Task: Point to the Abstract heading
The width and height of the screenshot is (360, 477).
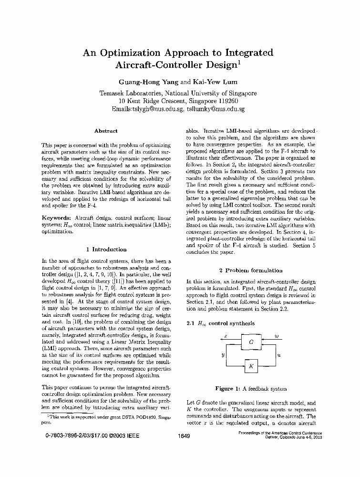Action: click(106, 131)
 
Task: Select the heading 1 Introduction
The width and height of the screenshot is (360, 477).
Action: click(106, 249)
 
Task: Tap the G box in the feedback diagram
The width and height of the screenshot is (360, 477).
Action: click(251, 342)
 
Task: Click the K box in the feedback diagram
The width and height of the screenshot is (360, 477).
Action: click(251, 366)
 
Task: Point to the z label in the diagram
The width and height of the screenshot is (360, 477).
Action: click(226, 337)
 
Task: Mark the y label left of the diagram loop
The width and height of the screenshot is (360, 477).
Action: click(223, 355)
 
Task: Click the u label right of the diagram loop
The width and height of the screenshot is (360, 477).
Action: click(279, 355)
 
